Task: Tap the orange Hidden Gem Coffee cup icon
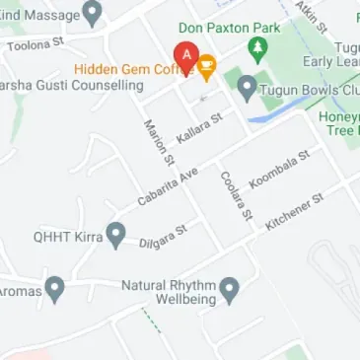point(206,67)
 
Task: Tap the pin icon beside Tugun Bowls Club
point(248,87)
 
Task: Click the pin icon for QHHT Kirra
point(115,236)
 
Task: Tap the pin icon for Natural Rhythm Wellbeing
point(230,290)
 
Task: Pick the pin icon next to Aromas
point(55,290)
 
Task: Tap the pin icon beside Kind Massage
point(93,13)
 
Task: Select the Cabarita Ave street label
point(168,185)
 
